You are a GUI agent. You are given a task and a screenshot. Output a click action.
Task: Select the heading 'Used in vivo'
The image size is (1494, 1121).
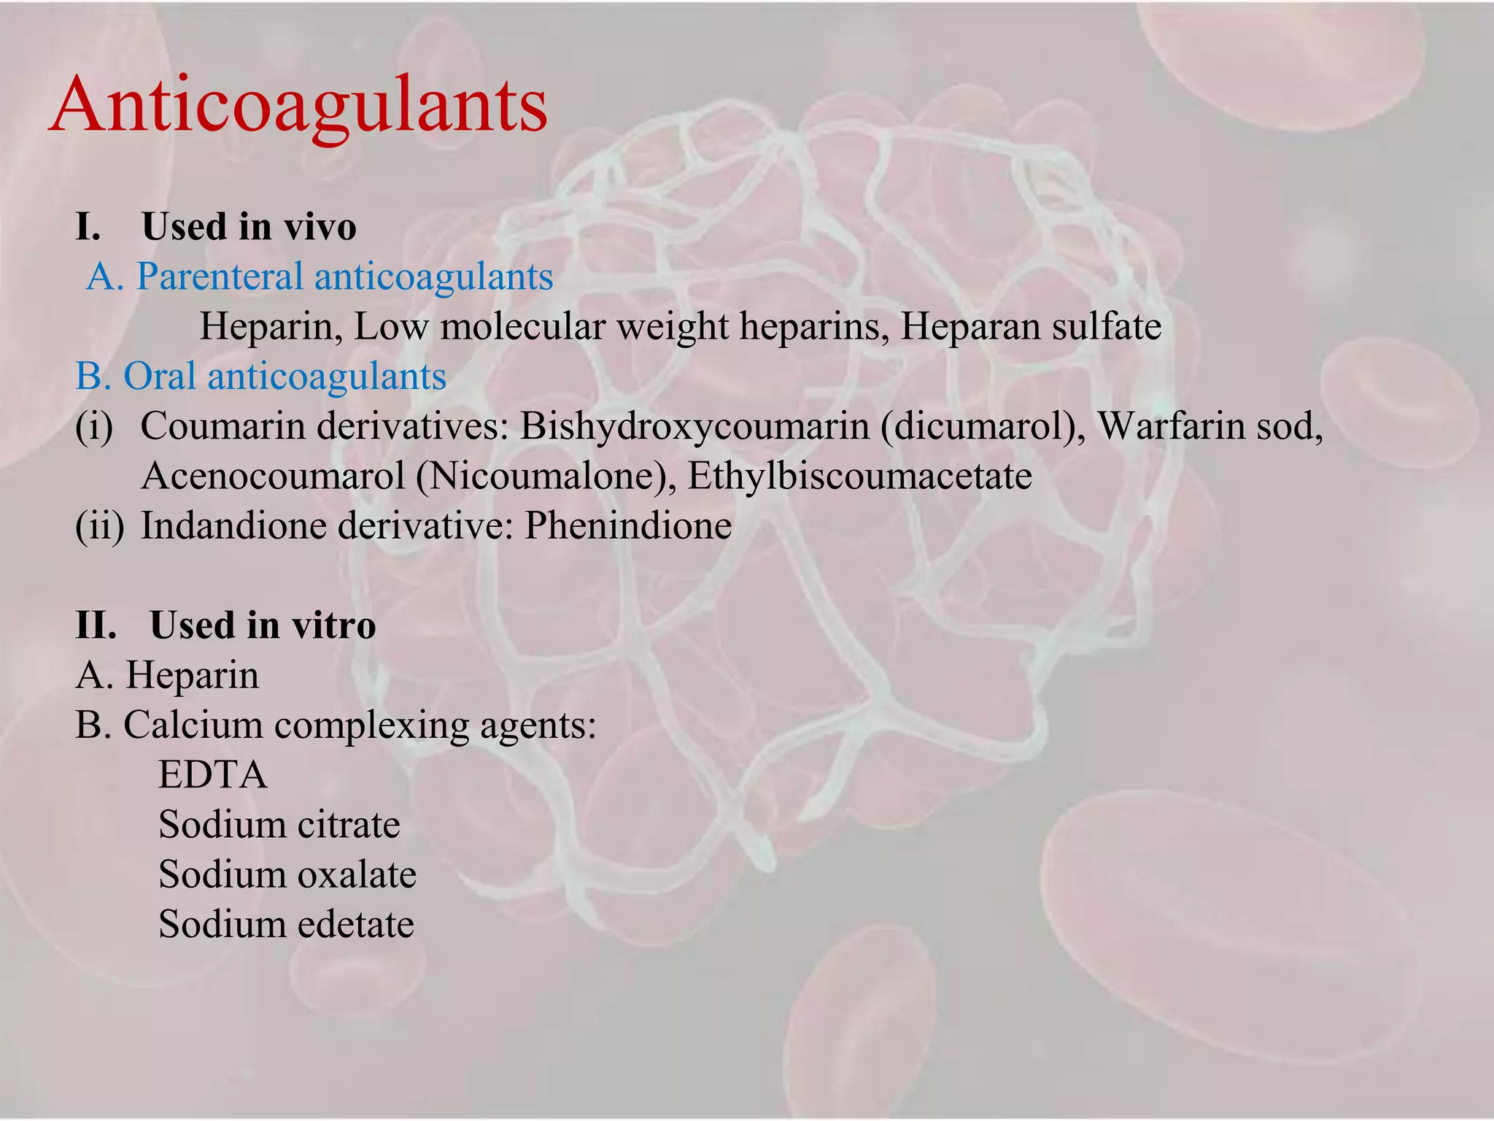coord(248,226)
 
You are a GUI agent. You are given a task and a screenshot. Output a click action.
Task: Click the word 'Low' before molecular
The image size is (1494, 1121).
coord(390,326)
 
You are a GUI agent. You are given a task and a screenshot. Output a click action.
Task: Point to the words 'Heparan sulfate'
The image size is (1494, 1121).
coord(1031,326)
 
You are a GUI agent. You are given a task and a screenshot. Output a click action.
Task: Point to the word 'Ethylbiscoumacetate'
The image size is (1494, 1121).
coord(859,476)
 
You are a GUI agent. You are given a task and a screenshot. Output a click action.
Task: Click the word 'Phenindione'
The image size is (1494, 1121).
coord(628,525)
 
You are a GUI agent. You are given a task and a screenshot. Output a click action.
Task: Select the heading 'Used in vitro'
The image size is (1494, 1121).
coord(263,625)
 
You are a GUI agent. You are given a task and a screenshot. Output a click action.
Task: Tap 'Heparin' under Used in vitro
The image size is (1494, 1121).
coord(192,675)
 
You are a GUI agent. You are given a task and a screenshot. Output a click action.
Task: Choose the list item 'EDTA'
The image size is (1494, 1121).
coord(213,775)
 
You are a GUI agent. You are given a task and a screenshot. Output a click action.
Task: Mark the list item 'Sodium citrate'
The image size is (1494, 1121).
coord(279,825)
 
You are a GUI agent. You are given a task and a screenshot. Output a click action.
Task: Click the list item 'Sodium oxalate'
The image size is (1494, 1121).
coord(287,874)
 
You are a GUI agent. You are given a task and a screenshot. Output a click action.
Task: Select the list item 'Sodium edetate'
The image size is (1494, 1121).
coord(286,924)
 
